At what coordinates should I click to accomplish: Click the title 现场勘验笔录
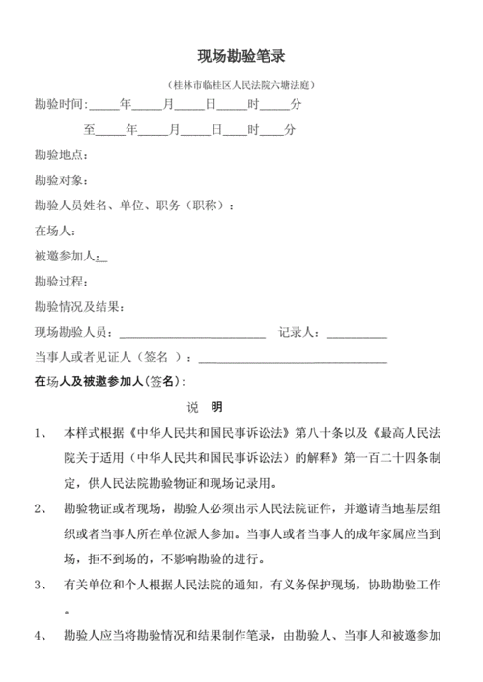click(241, 57)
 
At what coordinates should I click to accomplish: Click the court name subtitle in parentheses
click(241, 85)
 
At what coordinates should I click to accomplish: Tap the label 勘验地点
click(60, 154)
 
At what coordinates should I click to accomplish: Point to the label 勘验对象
click(60, 179)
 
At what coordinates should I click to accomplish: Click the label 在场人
click(54, 231)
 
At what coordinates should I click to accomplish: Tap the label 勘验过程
click(60, 282)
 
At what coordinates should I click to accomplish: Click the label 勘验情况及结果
click(77, 307)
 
